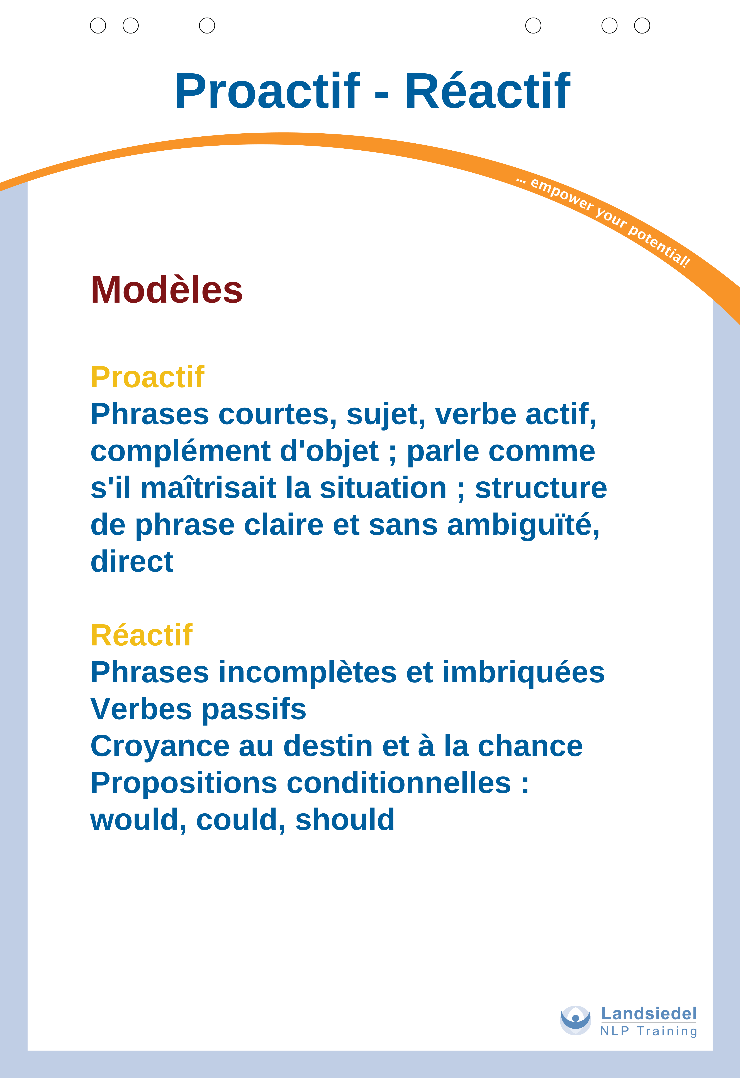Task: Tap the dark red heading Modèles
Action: point(166,290)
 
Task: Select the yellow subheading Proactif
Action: point(147,377)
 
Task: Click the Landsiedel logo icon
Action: point(575,1021)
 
